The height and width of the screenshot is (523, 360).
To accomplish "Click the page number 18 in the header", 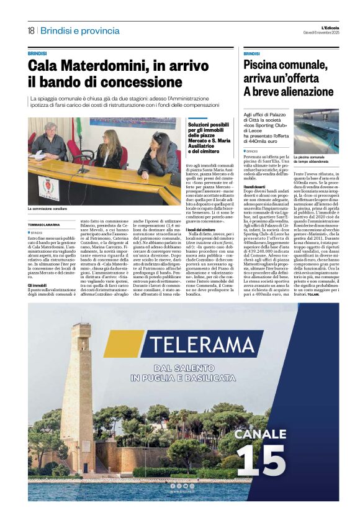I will (30, 30).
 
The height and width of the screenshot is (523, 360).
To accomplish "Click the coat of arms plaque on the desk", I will (48, 187).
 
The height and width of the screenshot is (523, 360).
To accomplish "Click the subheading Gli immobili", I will (37, 285).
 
